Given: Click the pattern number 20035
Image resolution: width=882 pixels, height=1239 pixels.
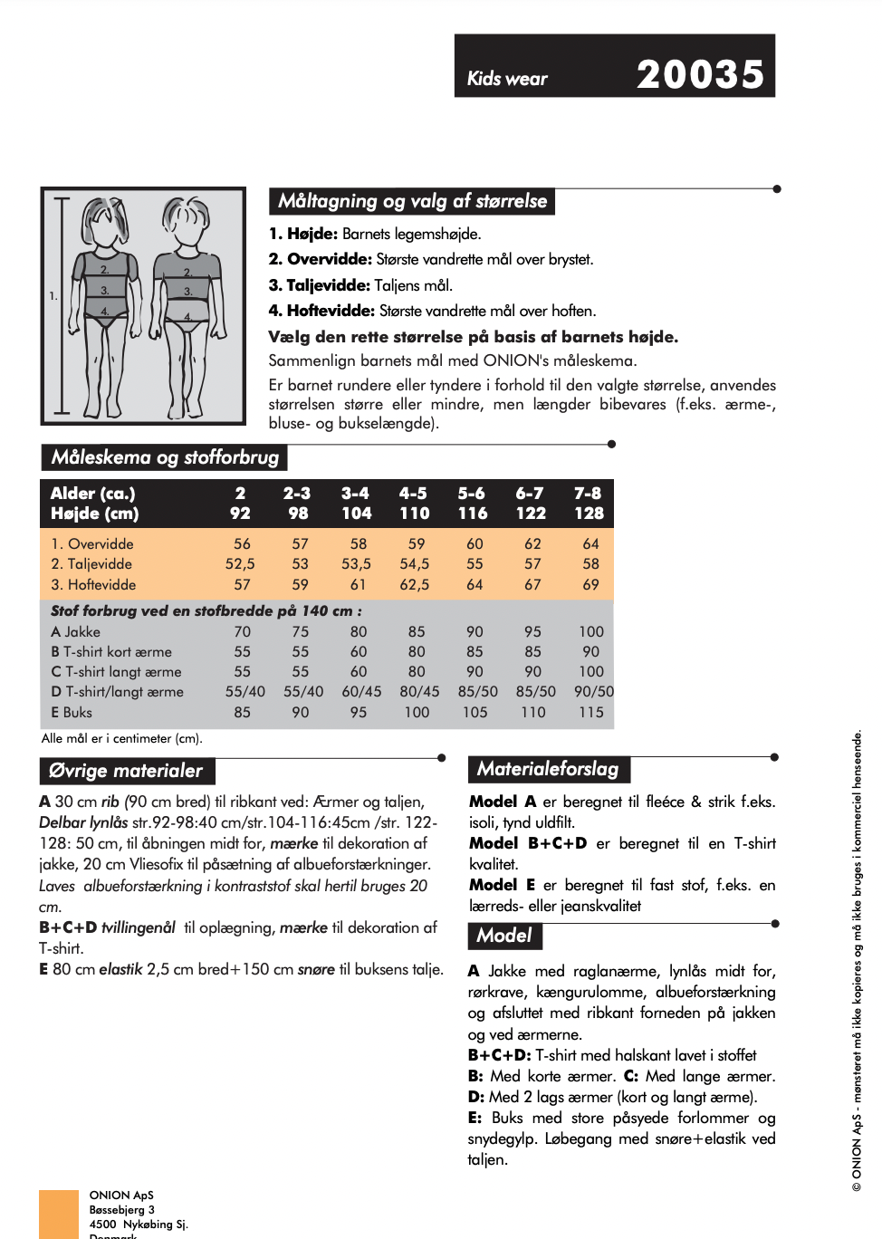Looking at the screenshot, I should click(700, 74).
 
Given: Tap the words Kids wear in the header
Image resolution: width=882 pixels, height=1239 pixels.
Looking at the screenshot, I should click(507, 79).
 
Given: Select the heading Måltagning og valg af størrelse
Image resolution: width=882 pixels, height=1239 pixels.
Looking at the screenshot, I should click(412, 201).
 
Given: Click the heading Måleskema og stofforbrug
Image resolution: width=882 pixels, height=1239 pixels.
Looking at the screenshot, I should click(165, 457).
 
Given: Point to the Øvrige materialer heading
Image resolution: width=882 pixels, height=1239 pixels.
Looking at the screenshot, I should click(126, 771).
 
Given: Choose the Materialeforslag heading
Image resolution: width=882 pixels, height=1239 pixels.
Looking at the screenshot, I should click(548, 769).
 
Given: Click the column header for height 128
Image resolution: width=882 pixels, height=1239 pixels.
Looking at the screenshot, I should click(589, 514).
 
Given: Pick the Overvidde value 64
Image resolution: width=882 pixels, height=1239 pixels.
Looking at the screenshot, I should click(590, 543).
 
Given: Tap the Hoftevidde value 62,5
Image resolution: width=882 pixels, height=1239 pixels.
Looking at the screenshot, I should click(415, 584).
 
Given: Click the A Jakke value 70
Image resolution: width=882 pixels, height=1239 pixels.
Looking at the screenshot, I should click(242, 631).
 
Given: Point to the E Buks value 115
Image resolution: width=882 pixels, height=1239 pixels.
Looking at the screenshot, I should click(590, 712).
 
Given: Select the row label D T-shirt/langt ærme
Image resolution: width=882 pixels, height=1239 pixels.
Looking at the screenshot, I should click(117, 692).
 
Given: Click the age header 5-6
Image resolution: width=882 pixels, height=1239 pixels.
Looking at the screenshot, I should click(471, 494).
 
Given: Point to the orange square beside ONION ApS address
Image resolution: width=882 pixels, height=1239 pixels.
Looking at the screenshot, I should click(59, 1214).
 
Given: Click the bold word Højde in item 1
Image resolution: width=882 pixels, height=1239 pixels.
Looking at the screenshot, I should click(312, 234).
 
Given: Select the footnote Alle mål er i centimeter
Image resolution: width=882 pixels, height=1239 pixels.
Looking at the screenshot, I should click(121, 738).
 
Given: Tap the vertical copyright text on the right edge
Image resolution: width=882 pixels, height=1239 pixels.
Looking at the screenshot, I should click(857, 960).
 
